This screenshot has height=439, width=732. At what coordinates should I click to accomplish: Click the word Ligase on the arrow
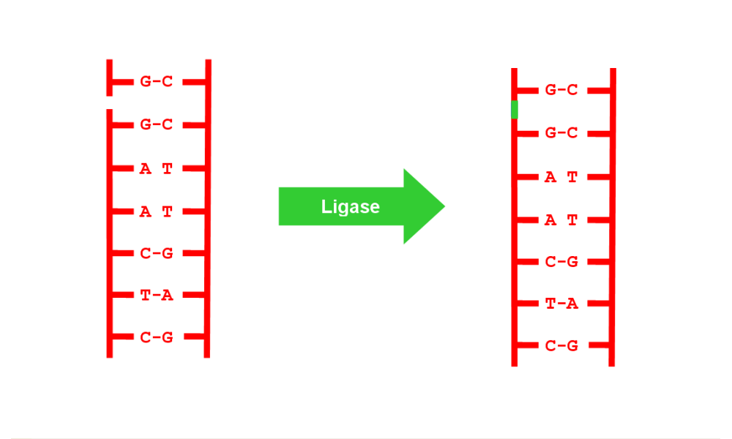tap(351, 207)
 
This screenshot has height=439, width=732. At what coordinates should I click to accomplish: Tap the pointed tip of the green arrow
tap(444, 206)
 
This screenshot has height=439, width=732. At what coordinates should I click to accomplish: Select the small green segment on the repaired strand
tap(515, 110)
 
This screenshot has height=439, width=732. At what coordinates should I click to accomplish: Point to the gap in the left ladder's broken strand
tap(110, 102)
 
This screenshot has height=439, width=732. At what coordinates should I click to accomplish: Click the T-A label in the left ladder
tap(157, 296)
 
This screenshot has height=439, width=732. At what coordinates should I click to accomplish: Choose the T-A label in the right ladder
tap(561, 304)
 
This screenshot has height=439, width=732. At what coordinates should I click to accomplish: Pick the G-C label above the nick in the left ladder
tap(157, 82)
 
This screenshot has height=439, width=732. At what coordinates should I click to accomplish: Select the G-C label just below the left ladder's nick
tap(157, 125)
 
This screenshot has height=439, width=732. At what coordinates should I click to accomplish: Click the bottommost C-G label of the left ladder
tap(157, 337)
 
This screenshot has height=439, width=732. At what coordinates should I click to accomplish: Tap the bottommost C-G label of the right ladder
tap(561, 346)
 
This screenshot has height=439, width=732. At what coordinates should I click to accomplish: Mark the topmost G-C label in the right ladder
tap(561, 90)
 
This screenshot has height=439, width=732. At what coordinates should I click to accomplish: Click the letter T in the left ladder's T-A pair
tap(146, 296)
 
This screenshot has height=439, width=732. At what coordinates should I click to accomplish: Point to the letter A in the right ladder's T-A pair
tap(572, 304)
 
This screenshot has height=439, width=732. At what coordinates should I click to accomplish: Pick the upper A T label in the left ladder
tap(157, 169)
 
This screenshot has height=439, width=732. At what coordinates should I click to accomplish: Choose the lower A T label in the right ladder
tap(561, 219)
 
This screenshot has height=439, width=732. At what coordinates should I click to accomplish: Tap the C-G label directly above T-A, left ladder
tap(157, 254)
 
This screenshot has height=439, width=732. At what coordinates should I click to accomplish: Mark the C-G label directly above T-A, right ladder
tap(561, 262)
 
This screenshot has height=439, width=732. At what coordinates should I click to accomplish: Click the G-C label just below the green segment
tap(561, 133)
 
